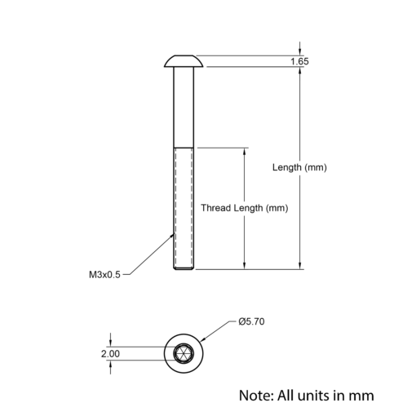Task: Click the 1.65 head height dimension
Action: (299, 61)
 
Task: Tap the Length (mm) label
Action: (299, 167)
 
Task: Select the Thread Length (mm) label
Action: (245, 208)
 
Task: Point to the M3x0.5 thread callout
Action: (104, 275)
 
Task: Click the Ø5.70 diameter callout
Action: (251, 321)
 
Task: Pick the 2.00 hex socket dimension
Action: (110, 354)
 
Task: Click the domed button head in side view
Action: (184, 61)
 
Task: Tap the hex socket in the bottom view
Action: (184, 353)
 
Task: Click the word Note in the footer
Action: (256, 396)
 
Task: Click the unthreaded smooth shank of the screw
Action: (184, 108)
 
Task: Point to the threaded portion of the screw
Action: (184, 209)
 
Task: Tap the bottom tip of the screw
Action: (184, 269)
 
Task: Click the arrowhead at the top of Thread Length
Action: (244, 152)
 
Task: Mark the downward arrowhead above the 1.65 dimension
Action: (300, 51)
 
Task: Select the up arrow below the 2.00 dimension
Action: (110, 364)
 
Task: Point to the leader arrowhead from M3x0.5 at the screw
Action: (171, 237)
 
